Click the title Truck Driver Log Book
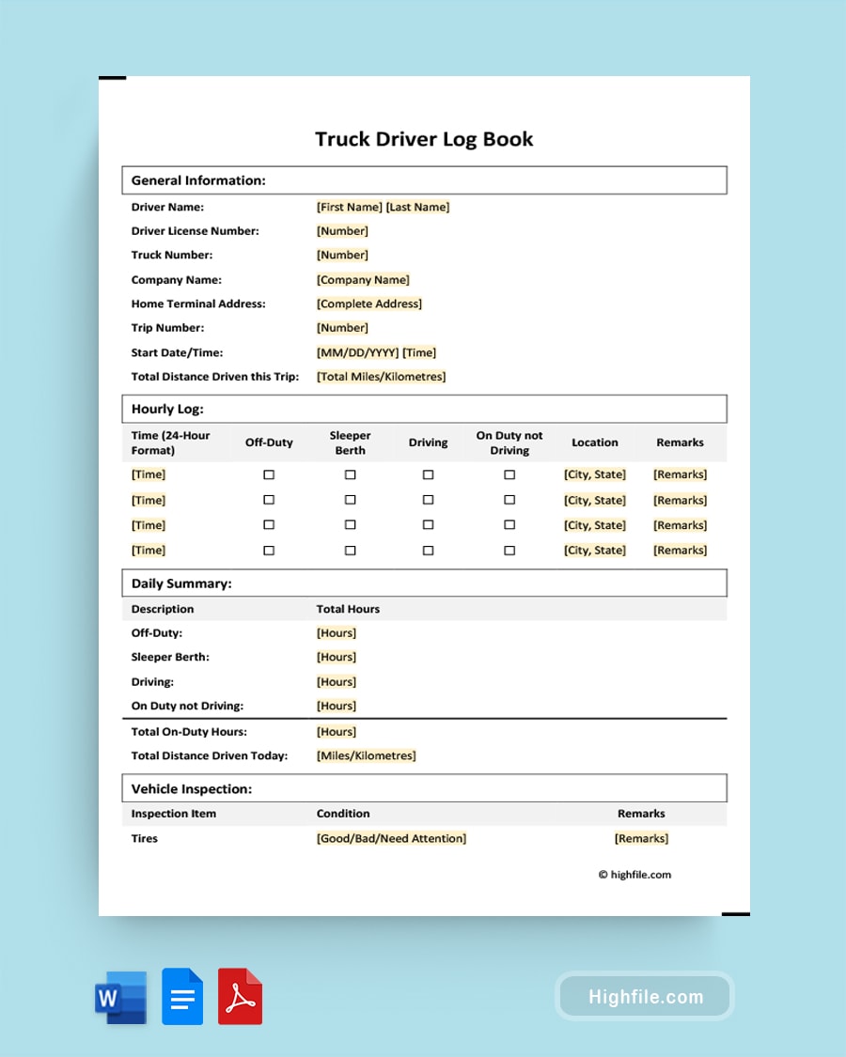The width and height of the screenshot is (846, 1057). (x=424, y=139)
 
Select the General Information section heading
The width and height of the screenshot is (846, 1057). (x=198, y=180)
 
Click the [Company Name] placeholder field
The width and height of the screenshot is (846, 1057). (x=363, y=280)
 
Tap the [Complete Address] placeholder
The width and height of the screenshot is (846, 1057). (x=369, y=304)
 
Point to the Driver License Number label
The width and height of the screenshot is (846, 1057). (x=195, y=231)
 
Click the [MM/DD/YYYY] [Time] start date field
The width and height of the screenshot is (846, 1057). (x=376, y=353)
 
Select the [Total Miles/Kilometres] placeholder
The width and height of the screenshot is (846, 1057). (x=381, y=377)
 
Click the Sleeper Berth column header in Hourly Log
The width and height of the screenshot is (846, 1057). (x=350, y=443)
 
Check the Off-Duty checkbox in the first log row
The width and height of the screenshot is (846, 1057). (x=269, y=474)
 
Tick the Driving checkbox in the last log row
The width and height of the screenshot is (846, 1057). (x=428, y=551)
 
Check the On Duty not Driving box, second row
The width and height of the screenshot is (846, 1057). (x=509, y=501)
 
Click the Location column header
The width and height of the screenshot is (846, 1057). (x=595, y=443)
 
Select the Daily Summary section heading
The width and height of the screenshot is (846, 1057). (x=181, y=583)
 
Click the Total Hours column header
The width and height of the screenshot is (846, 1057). (x=348, y=609)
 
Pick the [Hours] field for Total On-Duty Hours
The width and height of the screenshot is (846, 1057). (x=337, y=732)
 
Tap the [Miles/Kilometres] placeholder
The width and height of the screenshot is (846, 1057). (x=366, y=756)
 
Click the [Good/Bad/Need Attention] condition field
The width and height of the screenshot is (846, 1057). (x=391, y=839)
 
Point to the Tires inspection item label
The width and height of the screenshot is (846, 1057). (x=145, y=839)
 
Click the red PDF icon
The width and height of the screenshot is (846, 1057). (x=240, y=996)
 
